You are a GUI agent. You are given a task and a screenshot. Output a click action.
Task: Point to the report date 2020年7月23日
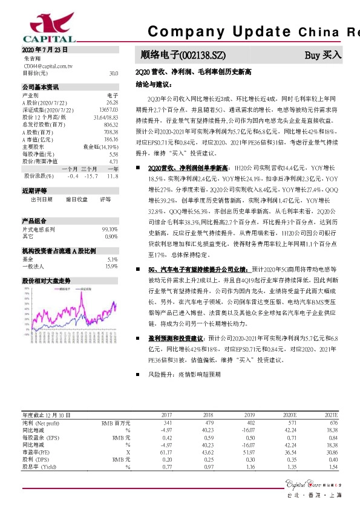coord(44,50)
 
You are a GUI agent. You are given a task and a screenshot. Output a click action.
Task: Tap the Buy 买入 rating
coord(323,55)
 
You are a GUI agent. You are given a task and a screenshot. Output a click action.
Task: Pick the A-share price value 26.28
coord(113,103)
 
